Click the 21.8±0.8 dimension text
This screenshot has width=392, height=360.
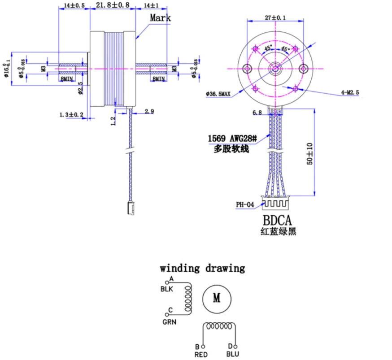[113, 5]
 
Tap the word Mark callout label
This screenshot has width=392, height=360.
[160, 18]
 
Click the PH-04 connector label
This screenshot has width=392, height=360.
[245, 205]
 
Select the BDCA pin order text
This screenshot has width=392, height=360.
[277, 220]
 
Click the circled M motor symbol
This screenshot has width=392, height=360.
[217, 298]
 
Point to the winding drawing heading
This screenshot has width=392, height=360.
[202, 269]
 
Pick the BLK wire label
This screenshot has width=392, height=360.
[167, 289]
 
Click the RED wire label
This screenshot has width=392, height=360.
[201, 354]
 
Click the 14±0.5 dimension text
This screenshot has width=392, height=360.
[74, 5]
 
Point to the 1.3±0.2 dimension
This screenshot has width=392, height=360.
[71, 115]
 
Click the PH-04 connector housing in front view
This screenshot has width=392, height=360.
[275, 204]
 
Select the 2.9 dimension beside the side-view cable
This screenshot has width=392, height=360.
[149, 111]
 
